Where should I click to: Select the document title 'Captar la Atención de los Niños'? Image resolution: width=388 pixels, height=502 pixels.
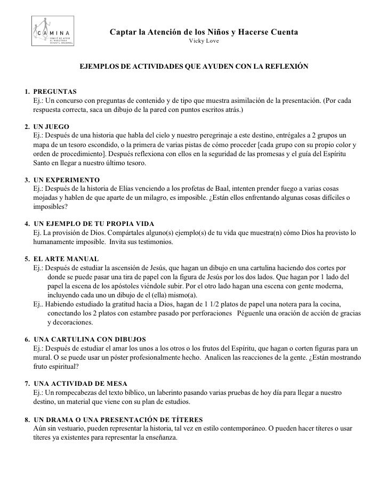[204, 33]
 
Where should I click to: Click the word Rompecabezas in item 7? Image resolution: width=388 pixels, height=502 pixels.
[74, 392]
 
